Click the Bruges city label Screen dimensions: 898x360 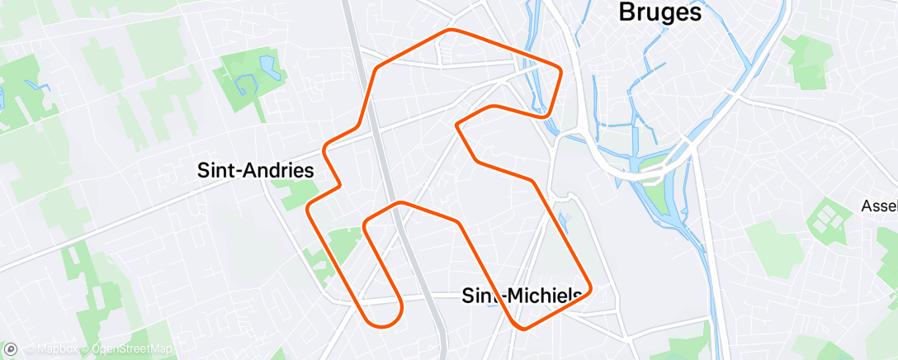pos(660,13)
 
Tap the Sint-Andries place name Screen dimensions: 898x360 pos(256,171)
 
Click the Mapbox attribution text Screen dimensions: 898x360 pos(56,350)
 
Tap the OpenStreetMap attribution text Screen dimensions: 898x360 pos(132,350)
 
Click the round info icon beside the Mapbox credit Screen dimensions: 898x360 pos(11,350)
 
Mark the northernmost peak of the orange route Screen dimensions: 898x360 pos(451,31)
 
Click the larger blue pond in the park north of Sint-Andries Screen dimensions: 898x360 pos(268,64)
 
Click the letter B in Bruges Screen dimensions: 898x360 pos(626,13)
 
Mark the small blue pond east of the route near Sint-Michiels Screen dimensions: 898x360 pos(565,220)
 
